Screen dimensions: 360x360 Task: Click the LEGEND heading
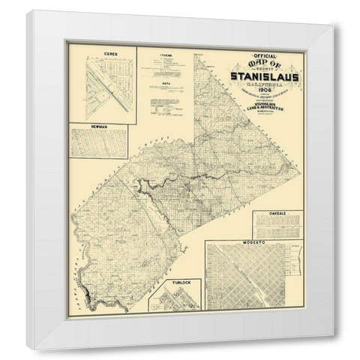(166, 55)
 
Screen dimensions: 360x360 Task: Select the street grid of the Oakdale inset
(277, 226)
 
